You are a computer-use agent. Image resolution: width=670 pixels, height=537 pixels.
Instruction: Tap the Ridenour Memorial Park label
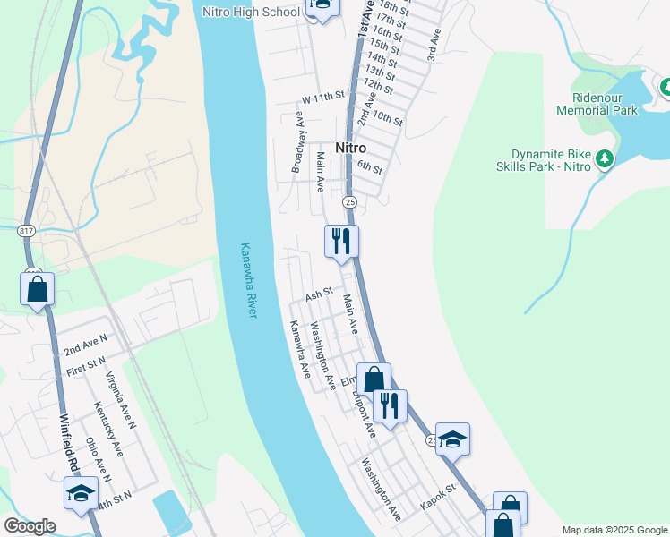tap(597, 104)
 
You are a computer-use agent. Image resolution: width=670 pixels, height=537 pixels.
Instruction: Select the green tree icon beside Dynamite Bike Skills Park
tap(606, 158)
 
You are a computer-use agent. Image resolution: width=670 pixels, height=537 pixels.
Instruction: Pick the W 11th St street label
tap(323, 96)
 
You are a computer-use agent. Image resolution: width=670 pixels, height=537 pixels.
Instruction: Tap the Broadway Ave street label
tap(297, 142)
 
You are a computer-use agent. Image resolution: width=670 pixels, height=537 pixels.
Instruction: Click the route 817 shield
tap(27, 231)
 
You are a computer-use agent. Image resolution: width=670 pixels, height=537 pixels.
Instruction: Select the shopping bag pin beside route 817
tap(37, 289)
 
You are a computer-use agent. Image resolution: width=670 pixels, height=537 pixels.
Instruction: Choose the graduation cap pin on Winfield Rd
tap(81, 493)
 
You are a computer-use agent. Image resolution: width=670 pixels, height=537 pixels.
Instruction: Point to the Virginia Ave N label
tap(119, 400)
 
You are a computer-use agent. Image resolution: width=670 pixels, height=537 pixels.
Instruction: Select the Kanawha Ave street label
tap(298, 349)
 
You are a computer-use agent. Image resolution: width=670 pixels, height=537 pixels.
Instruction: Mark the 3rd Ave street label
tap(434, 45)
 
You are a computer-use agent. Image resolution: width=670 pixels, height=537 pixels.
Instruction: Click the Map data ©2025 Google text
tap(614, 530)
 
